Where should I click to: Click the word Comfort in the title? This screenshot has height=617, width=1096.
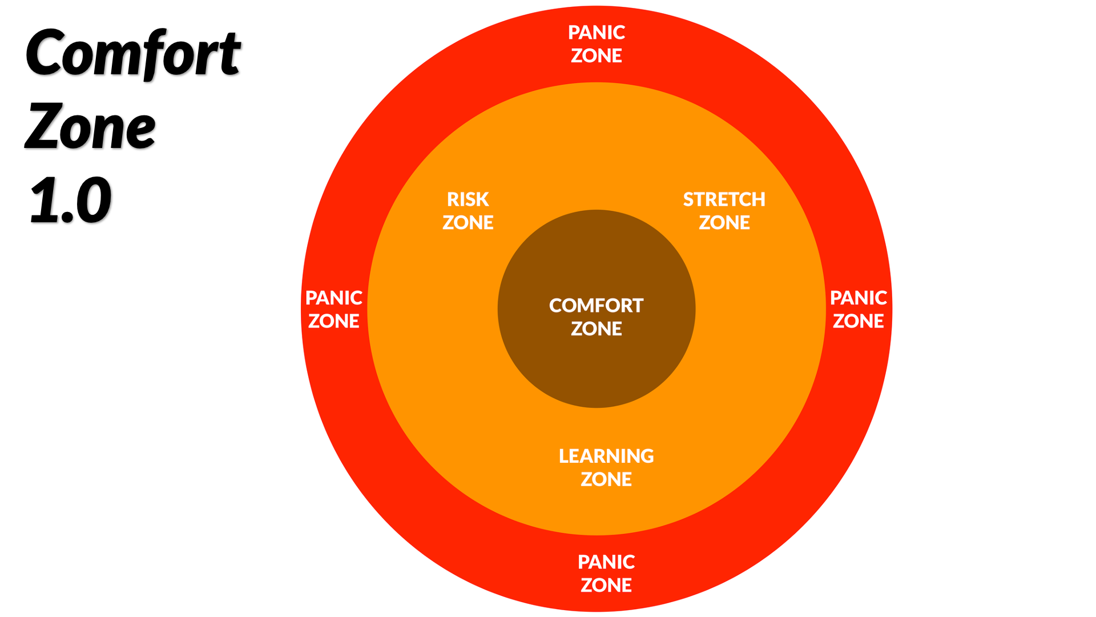(x=132, y=54)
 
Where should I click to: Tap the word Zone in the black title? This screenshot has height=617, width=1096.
(x=90, y=127)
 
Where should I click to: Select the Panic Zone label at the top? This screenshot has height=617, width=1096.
(x=597, y=44)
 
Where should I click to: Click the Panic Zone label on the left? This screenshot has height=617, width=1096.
(x=334, y=309)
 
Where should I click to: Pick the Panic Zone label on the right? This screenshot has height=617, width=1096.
(x=858, y=309)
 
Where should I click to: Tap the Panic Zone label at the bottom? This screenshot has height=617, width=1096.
(x=606, y=574)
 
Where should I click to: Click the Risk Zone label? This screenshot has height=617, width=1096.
(x=468, y=211)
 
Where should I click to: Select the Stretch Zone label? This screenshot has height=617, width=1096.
(x=724, y=211)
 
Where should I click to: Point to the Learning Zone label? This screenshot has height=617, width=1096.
(x=606, y=467)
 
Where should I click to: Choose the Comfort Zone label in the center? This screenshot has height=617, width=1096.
(x=597, y=317)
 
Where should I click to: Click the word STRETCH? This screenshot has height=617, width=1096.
(x=724, y=199)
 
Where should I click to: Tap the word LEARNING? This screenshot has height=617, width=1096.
(x=606, y=456)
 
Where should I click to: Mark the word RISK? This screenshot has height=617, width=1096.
(x=468, y=199)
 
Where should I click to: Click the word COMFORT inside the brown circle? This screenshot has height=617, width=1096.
(x=597, y=306)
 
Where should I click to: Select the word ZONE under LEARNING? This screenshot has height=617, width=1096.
(x=606, y=479)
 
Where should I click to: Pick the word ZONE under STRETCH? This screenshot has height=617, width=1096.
(x=724, y=223)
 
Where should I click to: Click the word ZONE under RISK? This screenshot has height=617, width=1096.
(x=468, y=223)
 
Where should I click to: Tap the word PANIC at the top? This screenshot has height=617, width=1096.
(x=597, y=33)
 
